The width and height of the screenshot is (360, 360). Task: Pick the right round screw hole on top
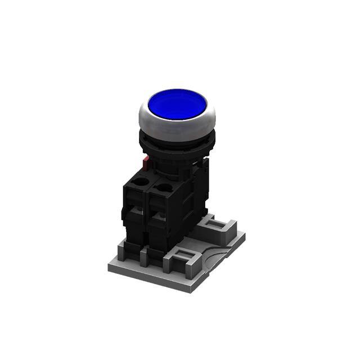click(164, 188)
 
